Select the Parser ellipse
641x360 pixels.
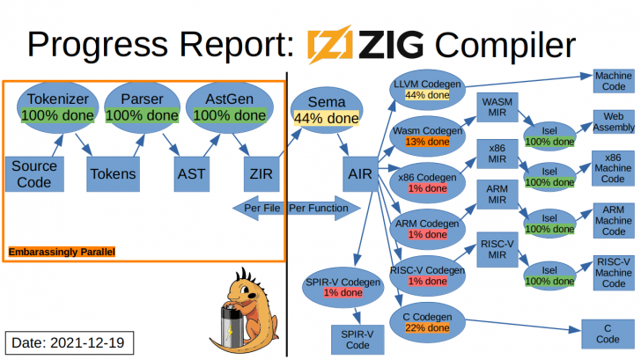pyautogui.click(x=141, y=107)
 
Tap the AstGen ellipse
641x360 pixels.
pyautogui.click(x=229, y=107)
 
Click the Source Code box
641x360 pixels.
pyautogui.click(x=34, y=173)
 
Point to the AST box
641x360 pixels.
pyautogui.click(x=190, y=173)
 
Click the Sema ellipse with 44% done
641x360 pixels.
pyautogui.click(x=326, y=110)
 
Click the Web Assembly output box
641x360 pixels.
pyautogui.click(x=613, y=121)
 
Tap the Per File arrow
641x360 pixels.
pyautogui.click(x=258, y=209)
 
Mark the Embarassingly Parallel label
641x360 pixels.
pyautogui.click(x=62, y=252)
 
